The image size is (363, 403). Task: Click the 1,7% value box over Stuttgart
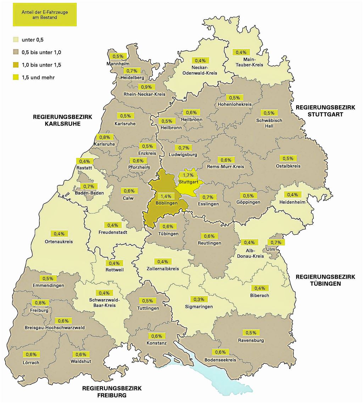pos(188,175)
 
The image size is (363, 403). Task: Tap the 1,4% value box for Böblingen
pos(166,196)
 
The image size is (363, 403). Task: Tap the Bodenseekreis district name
pos(220,360)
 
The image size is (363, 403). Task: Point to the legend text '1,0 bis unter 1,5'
pos(41,64)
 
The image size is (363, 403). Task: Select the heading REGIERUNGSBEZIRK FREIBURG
pos(112,392)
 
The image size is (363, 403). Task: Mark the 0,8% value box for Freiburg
pos(39,303)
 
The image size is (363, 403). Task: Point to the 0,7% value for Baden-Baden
pos(87,186)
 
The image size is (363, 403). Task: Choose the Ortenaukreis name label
pos(59,242)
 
